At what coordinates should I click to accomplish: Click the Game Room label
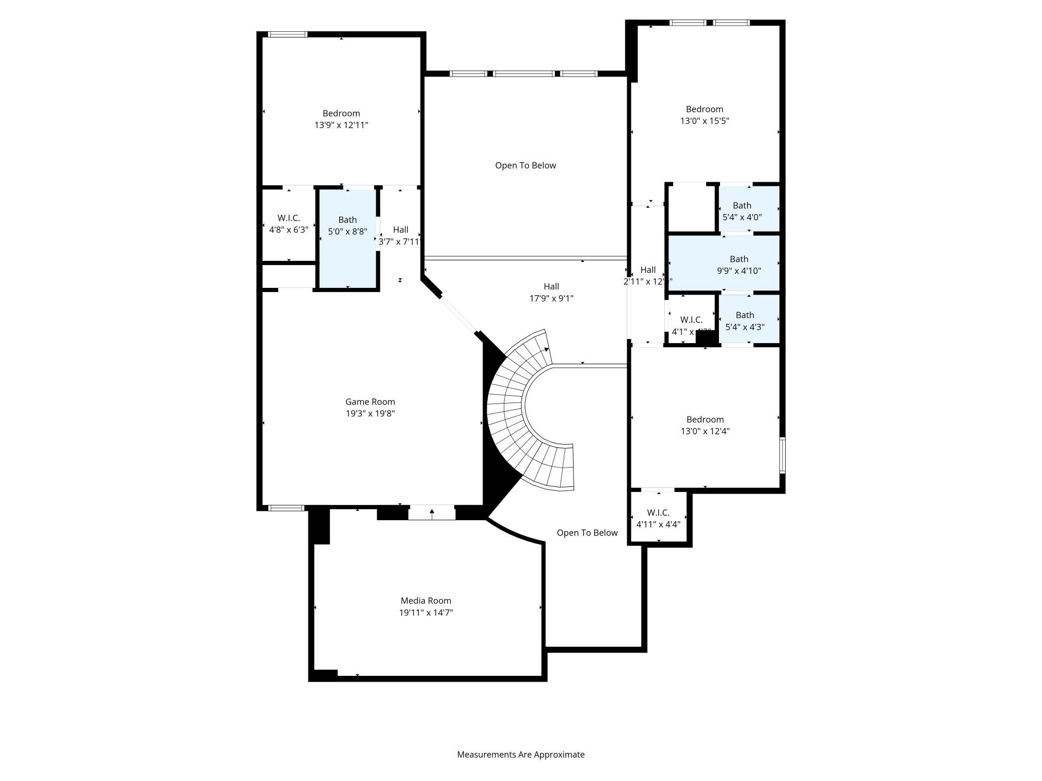(370, 401)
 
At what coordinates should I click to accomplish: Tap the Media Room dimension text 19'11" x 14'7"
(426, 612)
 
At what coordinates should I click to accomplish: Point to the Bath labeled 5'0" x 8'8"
(348, 226)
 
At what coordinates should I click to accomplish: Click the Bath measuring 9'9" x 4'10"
(739, 264)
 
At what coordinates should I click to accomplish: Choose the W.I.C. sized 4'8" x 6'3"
(289, 224)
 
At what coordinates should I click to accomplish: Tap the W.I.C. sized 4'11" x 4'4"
(658, 519)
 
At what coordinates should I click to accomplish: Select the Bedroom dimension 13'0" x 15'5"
(704, 121)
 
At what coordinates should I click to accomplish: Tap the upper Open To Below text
(525, 166)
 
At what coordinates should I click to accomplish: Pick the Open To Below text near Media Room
(587, 533)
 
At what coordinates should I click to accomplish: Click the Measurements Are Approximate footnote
(520, 754)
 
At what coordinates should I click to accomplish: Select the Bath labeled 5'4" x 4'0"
(742, 211)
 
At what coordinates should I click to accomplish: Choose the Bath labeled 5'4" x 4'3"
(745, 321)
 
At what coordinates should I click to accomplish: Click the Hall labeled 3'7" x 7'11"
(400, 235)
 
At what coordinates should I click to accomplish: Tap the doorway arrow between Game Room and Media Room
(432, 513)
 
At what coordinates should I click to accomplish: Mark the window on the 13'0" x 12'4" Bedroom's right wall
(782, 456)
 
